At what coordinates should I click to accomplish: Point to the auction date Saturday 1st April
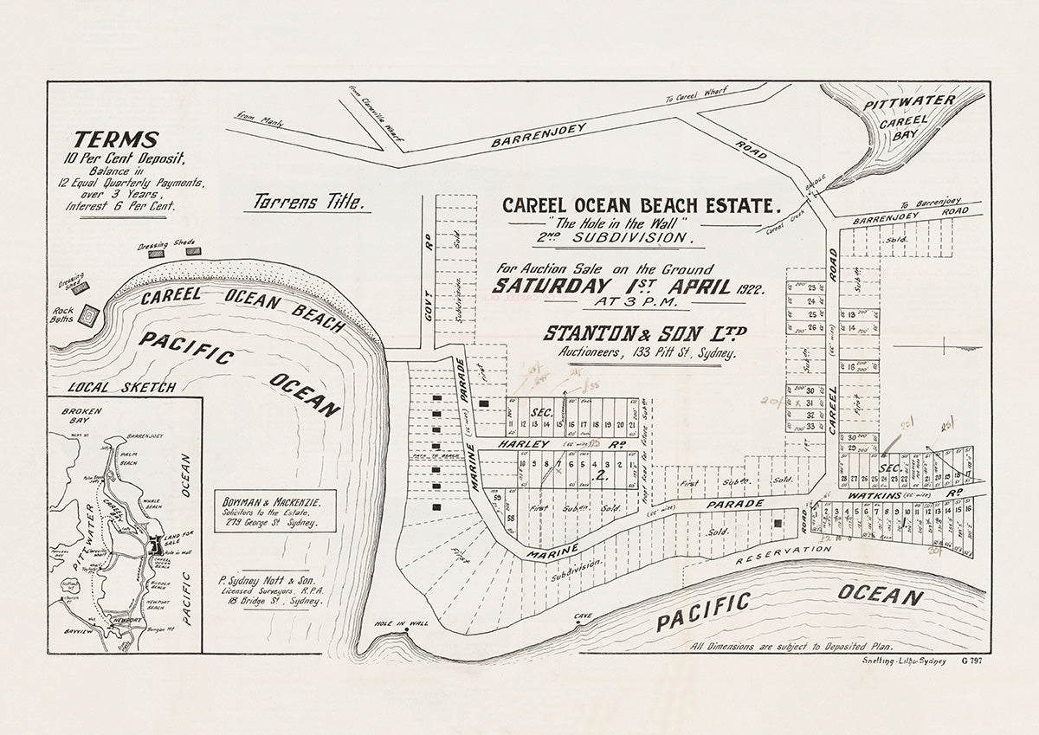pyautogui.click(x=613, y=287)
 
